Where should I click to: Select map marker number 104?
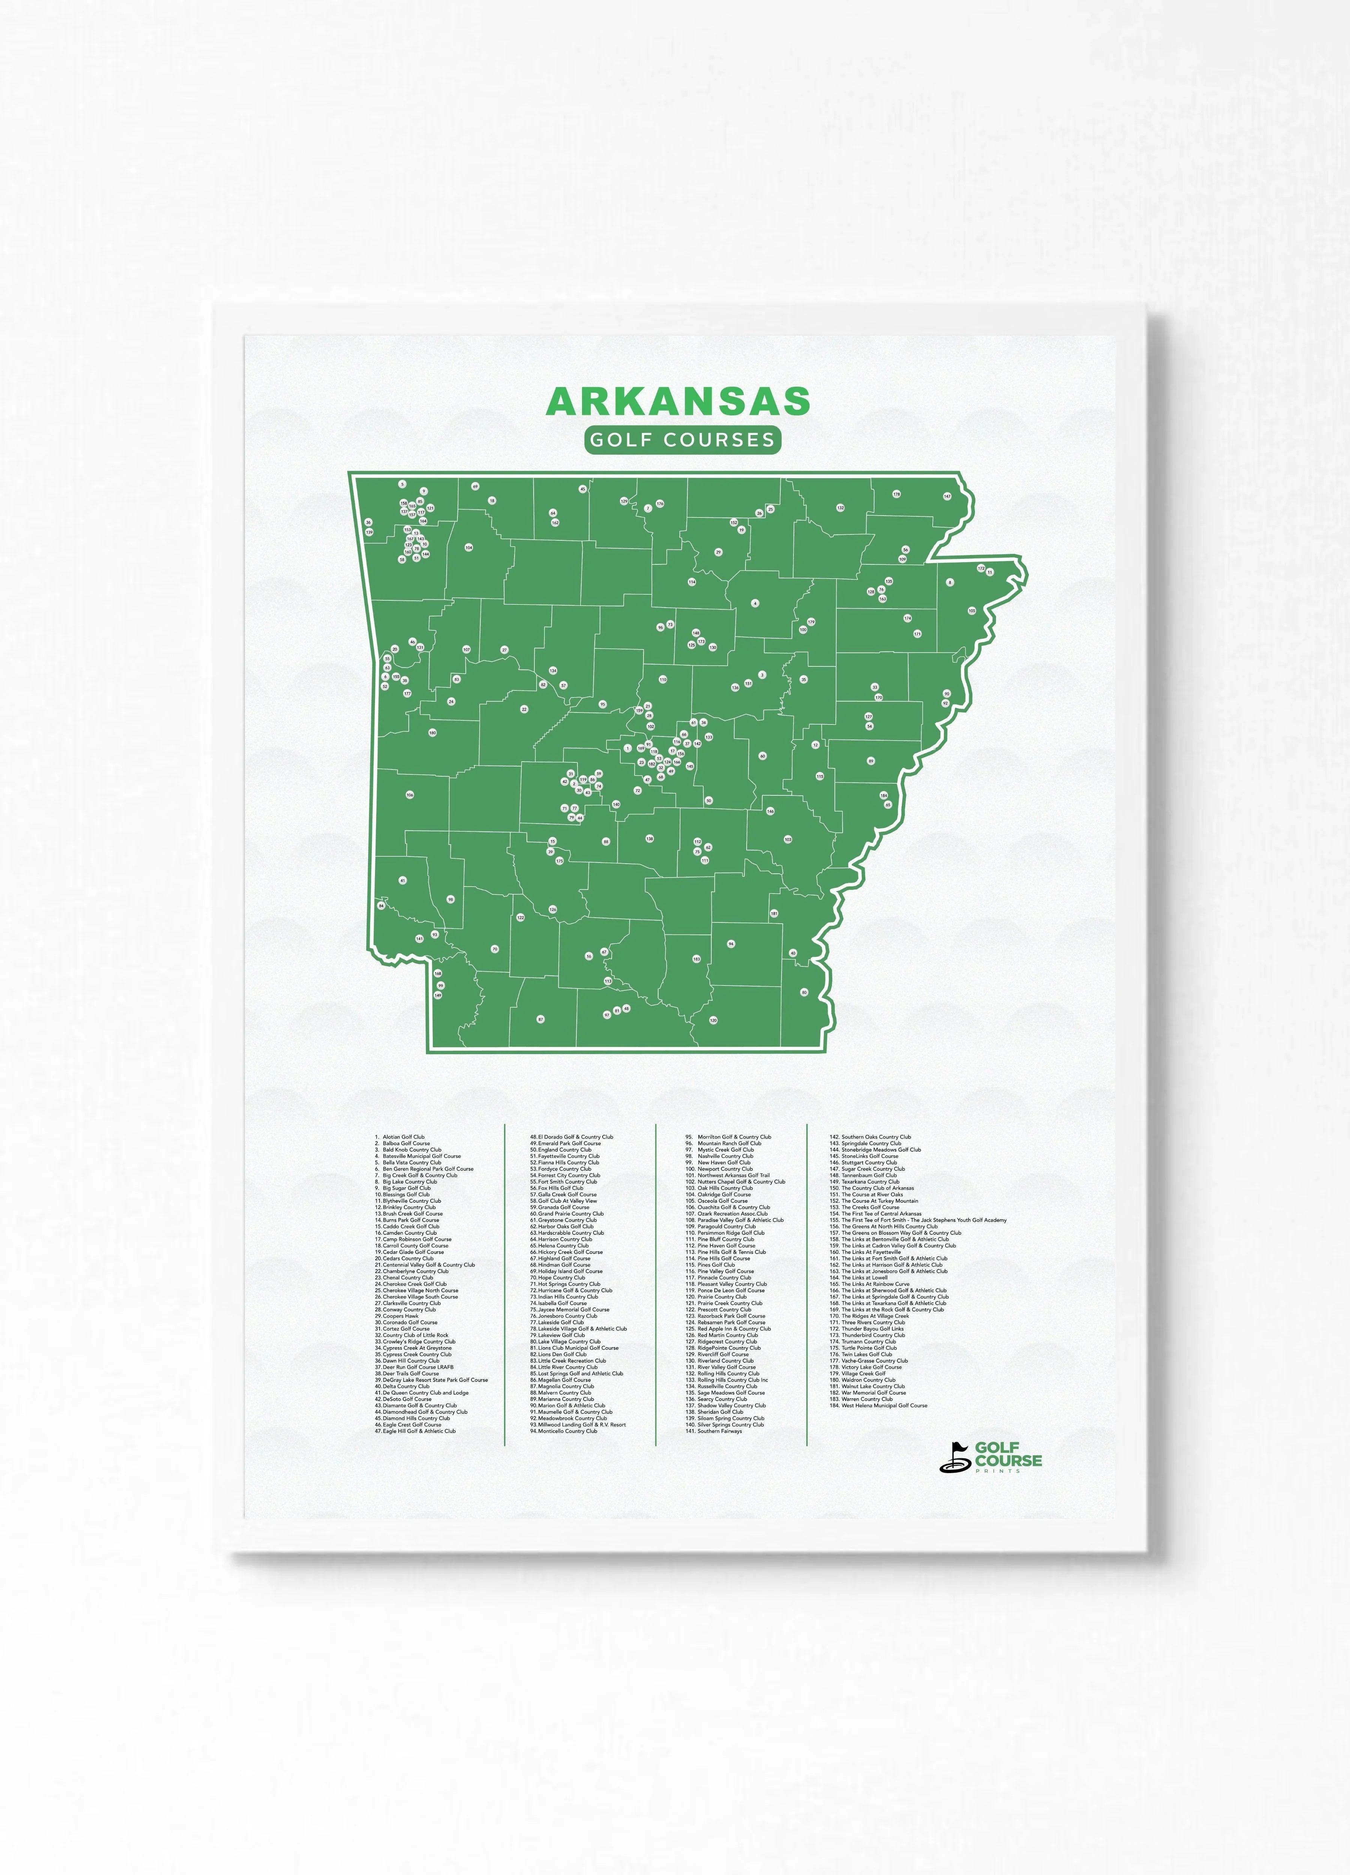click(469, 547)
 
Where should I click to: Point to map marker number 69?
click(475, 486)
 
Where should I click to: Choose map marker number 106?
click(409, 795)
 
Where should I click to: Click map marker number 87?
click(541, 1019)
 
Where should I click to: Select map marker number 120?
click(714, 1020)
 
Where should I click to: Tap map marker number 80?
click(804, 992)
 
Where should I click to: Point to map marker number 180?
click(432, 732)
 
